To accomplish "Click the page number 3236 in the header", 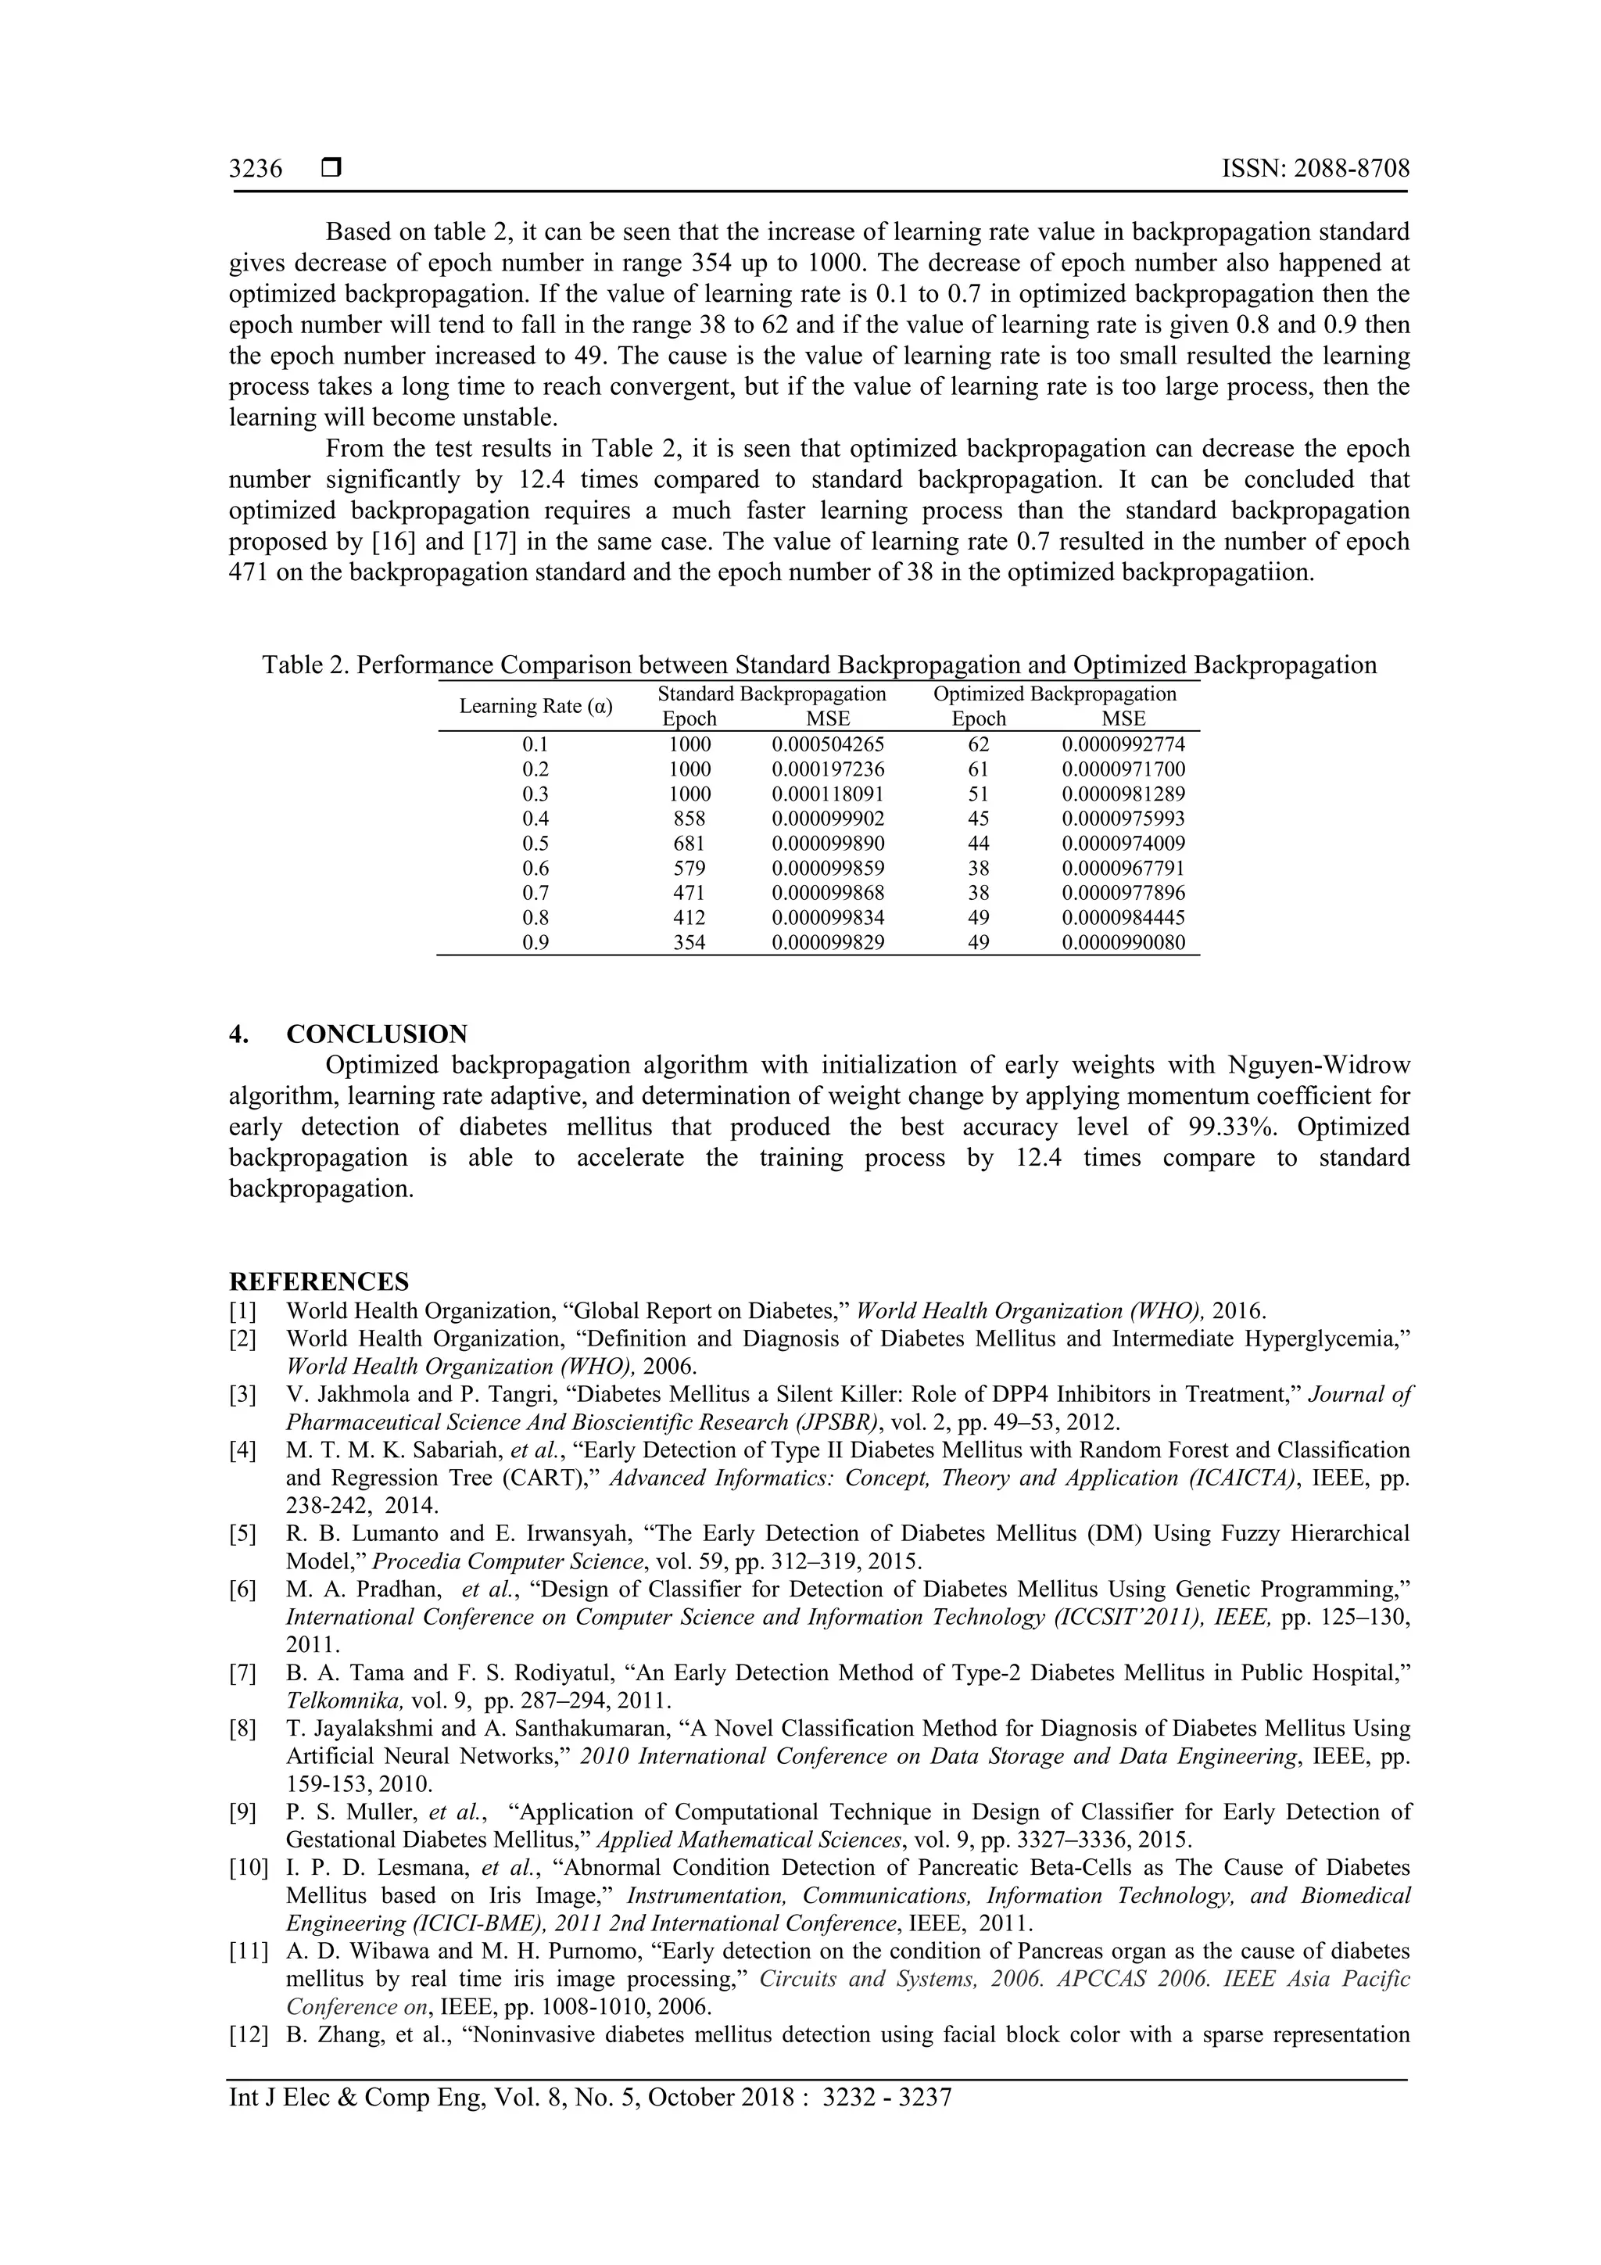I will (256, 170).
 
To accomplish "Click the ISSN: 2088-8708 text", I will (1315, 169).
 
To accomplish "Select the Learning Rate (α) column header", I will (535, 706).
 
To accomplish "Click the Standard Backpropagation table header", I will (772, 693).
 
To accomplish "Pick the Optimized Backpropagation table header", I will (1055, 693).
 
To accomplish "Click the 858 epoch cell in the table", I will (689, 819).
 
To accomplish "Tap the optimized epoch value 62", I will (979, 745).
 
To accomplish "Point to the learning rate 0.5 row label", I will (535, 844).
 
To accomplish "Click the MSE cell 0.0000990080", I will (1123, 942).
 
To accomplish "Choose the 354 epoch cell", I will (689, 942).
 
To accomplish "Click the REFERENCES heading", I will (319, 1281).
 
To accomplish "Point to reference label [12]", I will (248, 2034).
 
